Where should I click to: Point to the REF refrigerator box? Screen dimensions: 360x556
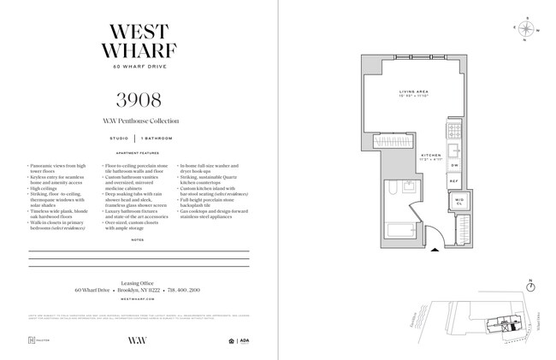tap(454, 181)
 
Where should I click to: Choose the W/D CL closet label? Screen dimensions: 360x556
tap(458, 203)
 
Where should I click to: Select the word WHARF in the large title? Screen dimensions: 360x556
tap(139, 50)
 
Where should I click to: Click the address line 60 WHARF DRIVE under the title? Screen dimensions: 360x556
tap(139, 67)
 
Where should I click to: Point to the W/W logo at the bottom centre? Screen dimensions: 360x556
tap(139, 339)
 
